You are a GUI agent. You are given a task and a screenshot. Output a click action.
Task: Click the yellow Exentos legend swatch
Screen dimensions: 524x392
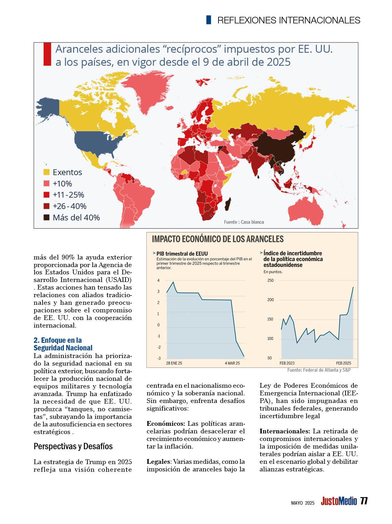pos(46,172)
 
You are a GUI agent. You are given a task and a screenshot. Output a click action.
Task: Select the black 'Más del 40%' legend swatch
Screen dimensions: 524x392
pos(46,218)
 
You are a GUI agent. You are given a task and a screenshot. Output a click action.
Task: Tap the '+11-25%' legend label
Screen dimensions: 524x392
pos(68,195)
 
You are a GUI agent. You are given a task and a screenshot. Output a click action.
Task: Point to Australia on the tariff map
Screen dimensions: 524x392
pos(308,211)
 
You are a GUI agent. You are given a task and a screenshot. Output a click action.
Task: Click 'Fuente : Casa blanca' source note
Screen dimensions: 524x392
pos(244,222)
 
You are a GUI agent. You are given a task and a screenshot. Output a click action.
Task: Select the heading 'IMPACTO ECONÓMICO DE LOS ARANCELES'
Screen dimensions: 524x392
pos(218,239)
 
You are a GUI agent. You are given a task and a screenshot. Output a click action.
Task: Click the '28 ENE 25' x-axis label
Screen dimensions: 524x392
pos(174,363)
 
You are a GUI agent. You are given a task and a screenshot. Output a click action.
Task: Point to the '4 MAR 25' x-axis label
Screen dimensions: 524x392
pos(232,363)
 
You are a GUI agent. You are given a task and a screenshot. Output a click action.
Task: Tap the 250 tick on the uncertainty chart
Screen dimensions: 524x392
pos(270,280)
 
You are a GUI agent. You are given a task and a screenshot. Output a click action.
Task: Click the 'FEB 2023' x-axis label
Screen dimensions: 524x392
pos(287,363)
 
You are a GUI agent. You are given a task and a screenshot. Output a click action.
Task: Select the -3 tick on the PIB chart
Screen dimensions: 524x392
pos(159,358)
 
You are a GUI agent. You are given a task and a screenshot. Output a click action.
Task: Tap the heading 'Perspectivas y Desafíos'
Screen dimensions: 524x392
pos(73,446)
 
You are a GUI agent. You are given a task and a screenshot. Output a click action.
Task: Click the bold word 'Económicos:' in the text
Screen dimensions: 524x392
pos(166,424)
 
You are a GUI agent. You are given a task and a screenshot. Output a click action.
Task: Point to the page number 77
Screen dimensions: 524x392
pos(364,501)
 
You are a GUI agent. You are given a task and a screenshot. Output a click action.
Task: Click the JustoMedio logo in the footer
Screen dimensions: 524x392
pos(339,501)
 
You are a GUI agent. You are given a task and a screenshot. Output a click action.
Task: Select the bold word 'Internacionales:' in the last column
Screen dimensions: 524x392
pos(285,431)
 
